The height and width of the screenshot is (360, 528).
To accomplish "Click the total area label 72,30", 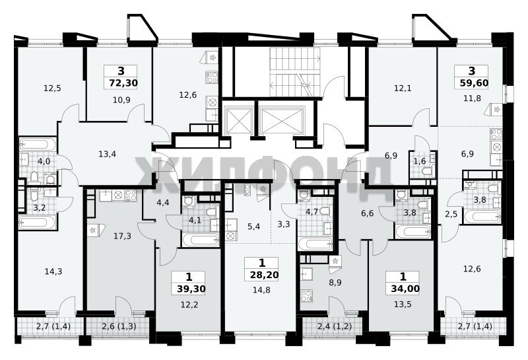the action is click(x=123, y=83).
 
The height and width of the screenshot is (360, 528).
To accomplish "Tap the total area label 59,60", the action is click(x=474, y=83).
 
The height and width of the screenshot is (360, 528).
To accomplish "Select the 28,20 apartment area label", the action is click(x=265, y=275).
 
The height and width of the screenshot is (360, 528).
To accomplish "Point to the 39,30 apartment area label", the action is click(x=191, y=289).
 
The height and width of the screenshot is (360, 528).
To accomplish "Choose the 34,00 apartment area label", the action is click(x=405, y=289).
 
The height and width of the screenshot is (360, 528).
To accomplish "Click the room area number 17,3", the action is click(x=122, y=236).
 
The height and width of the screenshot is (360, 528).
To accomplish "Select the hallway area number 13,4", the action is click(x=108, y=155).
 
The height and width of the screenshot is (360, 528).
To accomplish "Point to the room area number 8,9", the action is click(x=335, y=283).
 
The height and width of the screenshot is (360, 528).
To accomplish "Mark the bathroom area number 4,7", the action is click(x=312, y=212).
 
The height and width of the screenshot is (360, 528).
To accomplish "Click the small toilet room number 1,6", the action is click(x=420, y=161).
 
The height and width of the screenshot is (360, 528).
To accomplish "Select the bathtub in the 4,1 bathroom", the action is click(x=201, y=240).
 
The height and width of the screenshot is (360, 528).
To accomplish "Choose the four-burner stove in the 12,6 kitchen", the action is click(x=211, y=77).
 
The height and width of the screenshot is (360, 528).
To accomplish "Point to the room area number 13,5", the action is click(x=403, y=305).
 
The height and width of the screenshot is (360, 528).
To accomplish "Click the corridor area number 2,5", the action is click(x=451, y=215).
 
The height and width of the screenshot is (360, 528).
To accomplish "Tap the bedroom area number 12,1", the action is click(x=403, y=89).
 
